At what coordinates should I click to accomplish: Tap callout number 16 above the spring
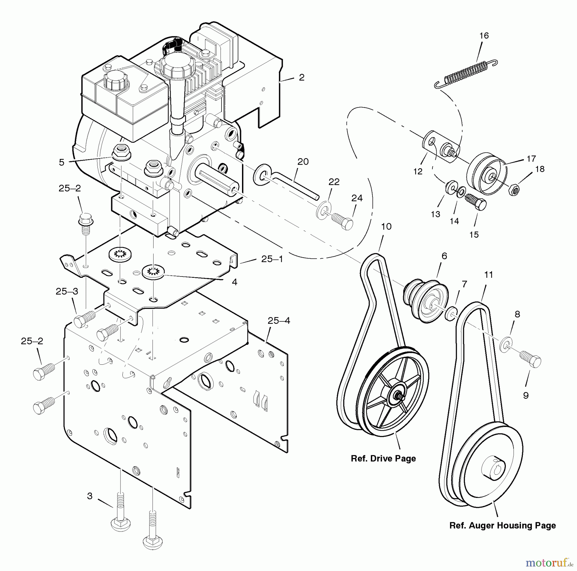point(484,36)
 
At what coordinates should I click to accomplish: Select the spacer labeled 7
point(451,312)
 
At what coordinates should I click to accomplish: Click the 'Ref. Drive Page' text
point(383,459)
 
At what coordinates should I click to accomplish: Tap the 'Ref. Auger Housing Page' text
point(502,525)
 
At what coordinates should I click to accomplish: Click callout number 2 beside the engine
point(301,77)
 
